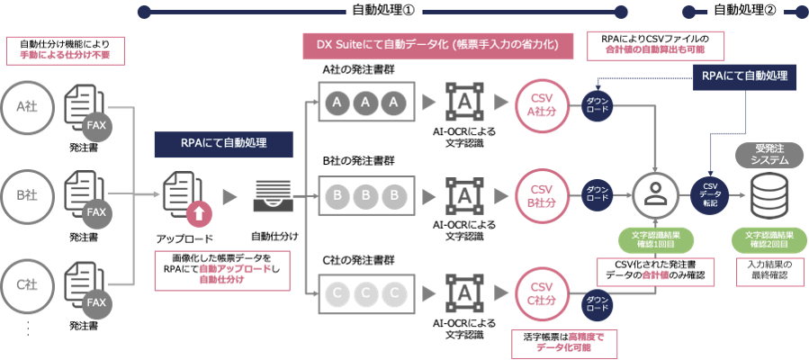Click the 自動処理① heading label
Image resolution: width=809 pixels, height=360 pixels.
384,11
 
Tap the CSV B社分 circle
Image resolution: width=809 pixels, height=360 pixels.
541,194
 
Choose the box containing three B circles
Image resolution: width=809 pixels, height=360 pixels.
365,194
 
